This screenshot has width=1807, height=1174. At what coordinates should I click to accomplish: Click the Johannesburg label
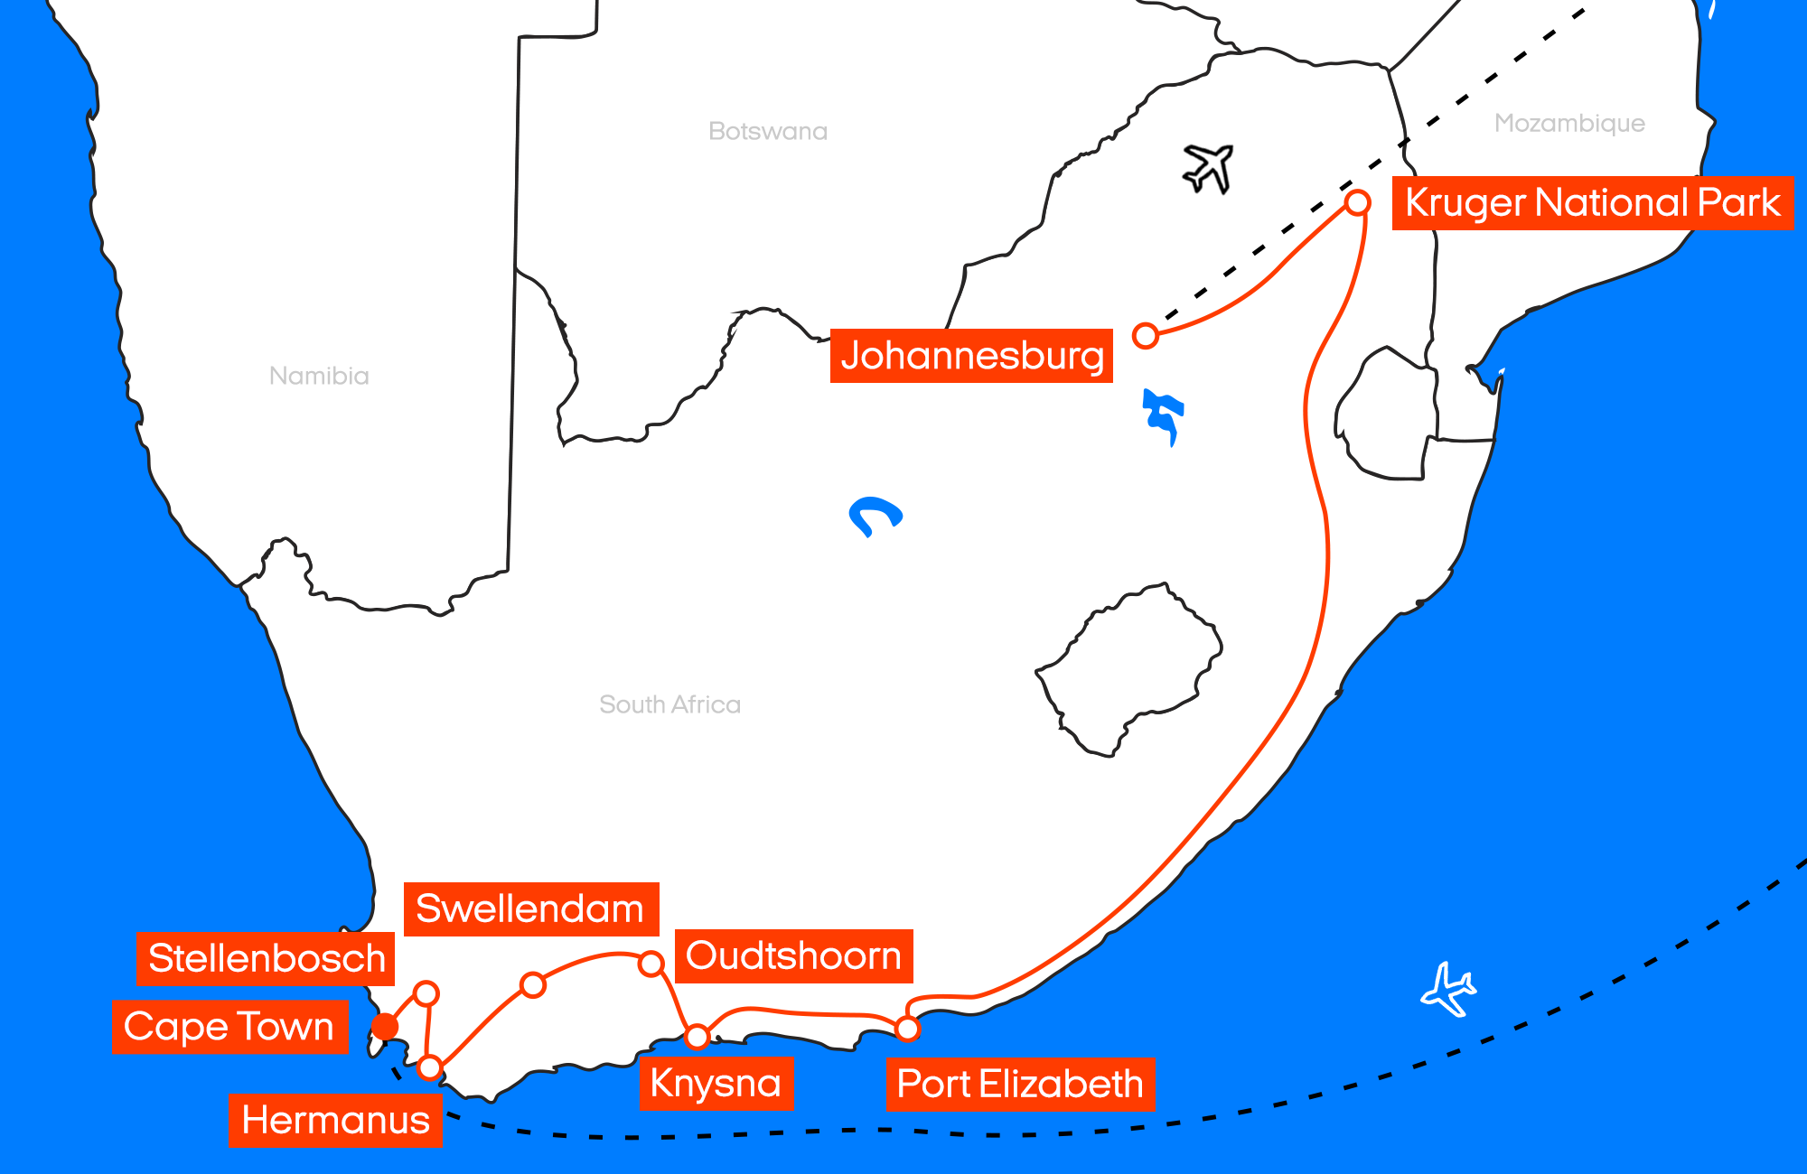point(971,356)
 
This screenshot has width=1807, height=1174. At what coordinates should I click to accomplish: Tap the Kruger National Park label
point(1592,203)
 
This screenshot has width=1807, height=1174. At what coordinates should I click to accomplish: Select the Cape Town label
point(229,1027)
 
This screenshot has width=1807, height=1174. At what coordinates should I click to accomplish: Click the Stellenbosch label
point(267,958)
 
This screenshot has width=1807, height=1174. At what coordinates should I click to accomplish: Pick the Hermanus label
point(335,1121)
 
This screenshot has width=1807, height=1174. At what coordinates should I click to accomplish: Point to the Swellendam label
point(530,908)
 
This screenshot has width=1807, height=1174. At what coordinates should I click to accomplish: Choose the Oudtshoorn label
point(793,955)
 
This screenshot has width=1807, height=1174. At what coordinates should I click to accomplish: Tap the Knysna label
point(716,1083)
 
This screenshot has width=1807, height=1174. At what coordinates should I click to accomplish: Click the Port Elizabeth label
point(1020,1084)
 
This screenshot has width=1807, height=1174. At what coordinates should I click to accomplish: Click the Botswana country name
point(768,132)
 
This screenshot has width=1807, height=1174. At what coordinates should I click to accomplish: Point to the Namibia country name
point(319,376)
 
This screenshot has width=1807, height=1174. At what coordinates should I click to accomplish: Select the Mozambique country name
point(1569,124)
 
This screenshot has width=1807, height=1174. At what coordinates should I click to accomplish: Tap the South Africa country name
point(669,704)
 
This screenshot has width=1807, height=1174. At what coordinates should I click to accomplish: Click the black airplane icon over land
point(1209,168)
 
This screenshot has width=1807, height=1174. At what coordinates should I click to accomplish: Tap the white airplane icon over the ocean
point(1448,990)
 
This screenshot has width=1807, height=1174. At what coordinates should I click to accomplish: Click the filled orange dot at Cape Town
point(385,1026)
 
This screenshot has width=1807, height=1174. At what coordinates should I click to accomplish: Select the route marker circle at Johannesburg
point(1146,336)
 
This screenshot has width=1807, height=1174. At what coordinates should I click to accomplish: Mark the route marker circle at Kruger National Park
point(1357,202)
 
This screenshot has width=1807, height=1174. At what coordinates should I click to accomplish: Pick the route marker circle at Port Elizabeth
point(907,1029)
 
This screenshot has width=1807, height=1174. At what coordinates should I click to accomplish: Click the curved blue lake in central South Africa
point(874,514)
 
